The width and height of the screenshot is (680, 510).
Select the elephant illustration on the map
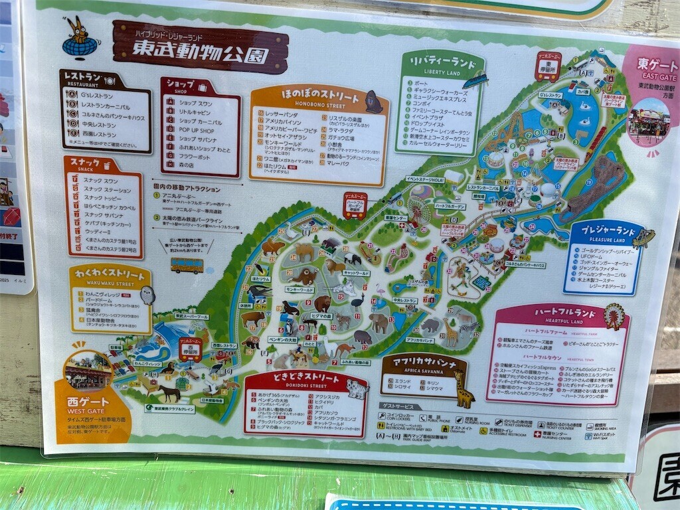(x=379, y=323)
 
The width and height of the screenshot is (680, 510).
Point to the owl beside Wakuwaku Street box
(x=147, y=295)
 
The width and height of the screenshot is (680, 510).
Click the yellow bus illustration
(x=187, y=265)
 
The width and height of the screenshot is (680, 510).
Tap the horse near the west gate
(x=169, y=392)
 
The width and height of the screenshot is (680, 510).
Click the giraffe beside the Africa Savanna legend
(x=462, y=390)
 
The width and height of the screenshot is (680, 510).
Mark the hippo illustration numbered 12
(x=363, y=337)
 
